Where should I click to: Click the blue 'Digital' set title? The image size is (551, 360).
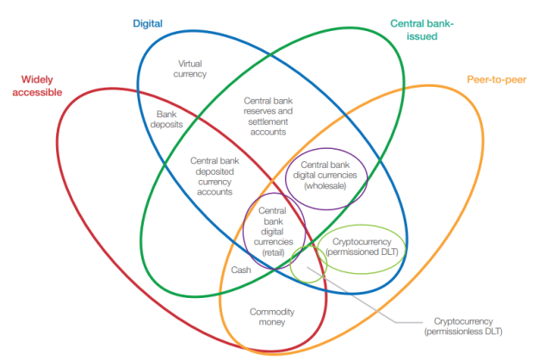(147, 23)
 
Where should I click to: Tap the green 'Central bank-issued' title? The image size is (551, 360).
(422, 30)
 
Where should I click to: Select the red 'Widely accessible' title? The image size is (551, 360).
(37, 86)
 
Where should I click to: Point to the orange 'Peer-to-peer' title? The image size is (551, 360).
(497, 80)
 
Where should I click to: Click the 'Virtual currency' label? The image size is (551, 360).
(189, 69)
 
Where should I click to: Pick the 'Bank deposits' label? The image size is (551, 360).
(166, 119)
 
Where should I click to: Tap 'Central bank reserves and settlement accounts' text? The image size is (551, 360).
(268, 116)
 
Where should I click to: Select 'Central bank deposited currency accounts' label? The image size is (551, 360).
(214, 177)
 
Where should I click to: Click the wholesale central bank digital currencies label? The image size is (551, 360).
(325, 175)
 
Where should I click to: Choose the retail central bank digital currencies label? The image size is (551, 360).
(273, 232)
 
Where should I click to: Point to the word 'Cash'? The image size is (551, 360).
(241, 270)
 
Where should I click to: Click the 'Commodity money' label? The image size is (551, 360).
(272, 317)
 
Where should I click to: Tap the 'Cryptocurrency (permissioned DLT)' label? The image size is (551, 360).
(362, 247)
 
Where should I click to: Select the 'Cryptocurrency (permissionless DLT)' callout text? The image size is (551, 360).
(463, 326)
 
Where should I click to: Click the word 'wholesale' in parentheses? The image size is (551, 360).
(325, 186)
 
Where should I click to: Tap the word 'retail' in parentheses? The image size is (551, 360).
(273, 252)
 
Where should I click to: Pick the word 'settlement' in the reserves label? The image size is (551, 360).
(268, 121)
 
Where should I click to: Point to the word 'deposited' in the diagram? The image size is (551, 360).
(214, 171)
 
